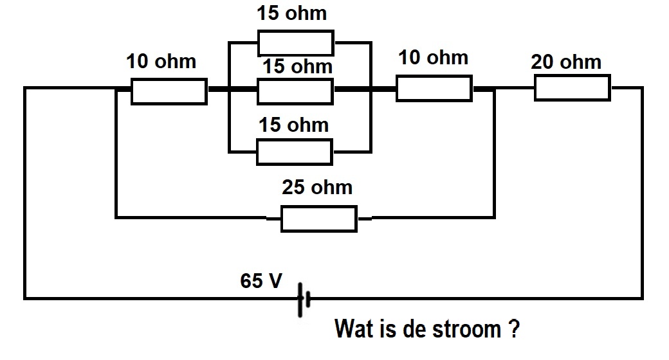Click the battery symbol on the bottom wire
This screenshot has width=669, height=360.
304,300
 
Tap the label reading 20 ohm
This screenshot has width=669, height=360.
566,62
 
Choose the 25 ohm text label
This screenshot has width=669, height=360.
317,188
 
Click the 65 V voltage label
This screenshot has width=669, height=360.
261,281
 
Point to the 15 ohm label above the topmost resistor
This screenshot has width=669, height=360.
292,14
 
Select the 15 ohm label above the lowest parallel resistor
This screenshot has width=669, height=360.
293,125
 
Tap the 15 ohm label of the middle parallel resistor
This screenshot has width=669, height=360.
297,67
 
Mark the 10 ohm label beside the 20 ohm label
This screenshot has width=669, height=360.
433,58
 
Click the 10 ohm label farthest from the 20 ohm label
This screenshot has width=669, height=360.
161,62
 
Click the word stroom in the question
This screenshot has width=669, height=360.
466,329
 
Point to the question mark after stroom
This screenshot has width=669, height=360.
514,328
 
